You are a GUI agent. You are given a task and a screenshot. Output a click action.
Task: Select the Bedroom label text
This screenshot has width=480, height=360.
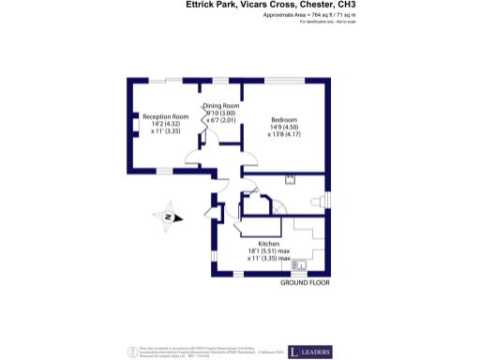tap(285, 120)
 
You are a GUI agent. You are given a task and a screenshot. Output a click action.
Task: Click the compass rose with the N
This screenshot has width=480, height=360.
tap(166, 217)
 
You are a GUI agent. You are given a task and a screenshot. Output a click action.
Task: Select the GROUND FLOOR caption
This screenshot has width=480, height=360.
tap(306, 282)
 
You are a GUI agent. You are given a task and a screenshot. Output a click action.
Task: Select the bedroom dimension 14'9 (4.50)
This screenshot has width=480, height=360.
tap(285, 127)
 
